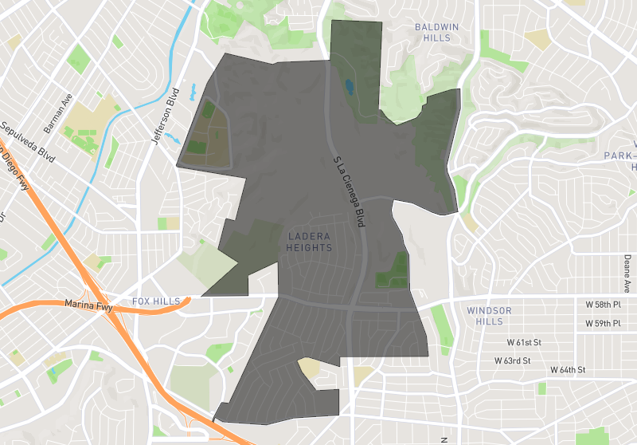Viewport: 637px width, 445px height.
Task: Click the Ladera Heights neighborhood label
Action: click(309, 242)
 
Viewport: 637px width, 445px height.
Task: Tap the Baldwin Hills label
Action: click(436, 32)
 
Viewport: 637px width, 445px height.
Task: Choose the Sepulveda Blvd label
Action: click(27, 143)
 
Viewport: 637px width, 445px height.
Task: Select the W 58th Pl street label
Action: click(603, 305)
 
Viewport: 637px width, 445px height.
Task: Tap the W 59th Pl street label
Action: click(603, 323)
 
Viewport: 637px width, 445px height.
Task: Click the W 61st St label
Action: click(525, 342)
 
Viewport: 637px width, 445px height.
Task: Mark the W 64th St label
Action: click(569, 370)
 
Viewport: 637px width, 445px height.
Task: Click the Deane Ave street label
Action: click(627, 272)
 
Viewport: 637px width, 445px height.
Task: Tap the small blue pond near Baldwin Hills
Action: click(349, 85)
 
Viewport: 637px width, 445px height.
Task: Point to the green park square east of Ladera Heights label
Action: click(393, 271)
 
